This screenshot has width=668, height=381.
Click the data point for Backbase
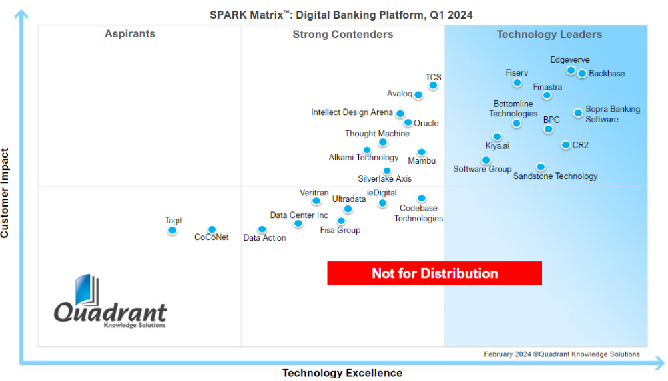coord(582,74)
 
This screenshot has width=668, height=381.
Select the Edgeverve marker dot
coord(571,70)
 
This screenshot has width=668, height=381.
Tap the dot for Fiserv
coord(517,83)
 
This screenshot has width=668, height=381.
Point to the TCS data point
coord(433,85)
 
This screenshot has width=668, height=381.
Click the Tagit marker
coord(172,231)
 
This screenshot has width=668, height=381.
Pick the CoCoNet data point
coord(212,230)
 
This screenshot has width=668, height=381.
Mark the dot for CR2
coord(565,145)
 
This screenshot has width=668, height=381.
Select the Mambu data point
coord(421,152)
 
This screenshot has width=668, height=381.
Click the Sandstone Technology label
coord(555,176)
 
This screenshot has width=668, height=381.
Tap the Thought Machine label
coord(377,134)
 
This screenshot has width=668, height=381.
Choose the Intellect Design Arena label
coord(352,112)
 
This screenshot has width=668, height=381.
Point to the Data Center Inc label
coord(299,215)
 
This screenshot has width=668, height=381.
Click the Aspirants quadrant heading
coord(130,34)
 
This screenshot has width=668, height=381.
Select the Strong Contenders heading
coord(343,34)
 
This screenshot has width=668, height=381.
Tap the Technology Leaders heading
coord(549,34)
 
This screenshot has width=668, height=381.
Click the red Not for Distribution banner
coord(434,273)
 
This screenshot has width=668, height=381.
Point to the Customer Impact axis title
coord(5,193)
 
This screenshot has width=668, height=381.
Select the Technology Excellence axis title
coord(342,373)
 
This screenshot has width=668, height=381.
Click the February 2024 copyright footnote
coord(561,354)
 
